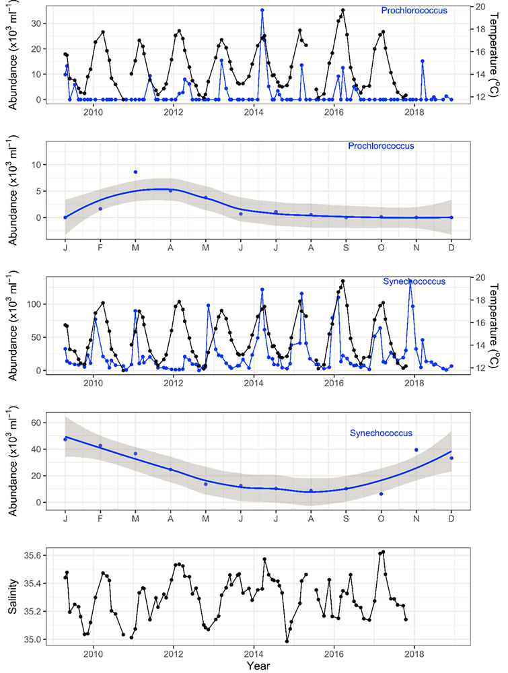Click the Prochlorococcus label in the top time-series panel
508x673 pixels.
click(414, 11)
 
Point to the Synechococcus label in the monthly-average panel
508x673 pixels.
click(381, 433)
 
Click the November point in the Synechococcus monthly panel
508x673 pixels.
click(416, 450)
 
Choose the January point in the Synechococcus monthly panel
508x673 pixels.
click(65, 439)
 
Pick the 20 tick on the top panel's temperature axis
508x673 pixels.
click(480, 7)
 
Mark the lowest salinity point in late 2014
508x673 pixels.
click(287, 641)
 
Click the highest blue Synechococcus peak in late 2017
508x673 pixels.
click(410, 281)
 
